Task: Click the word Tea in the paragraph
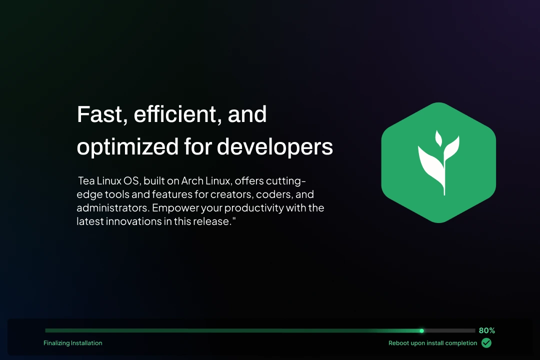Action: [x=86, y=181]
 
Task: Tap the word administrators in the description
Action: [x=113, y=208]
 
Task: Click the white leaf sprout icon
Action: [x=438, y=162]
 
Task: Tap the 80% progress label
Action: [x=486, y=330]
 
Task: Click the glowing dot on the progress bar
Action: [x=421, y=330]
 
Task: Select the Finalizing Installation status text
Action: [x=73, y=343]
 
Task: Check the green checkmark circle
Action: [x=486, y=343]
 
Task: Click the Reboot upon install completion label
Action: [x=433, y=343]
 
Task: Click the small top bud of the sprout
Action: [x=438, y=138]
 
